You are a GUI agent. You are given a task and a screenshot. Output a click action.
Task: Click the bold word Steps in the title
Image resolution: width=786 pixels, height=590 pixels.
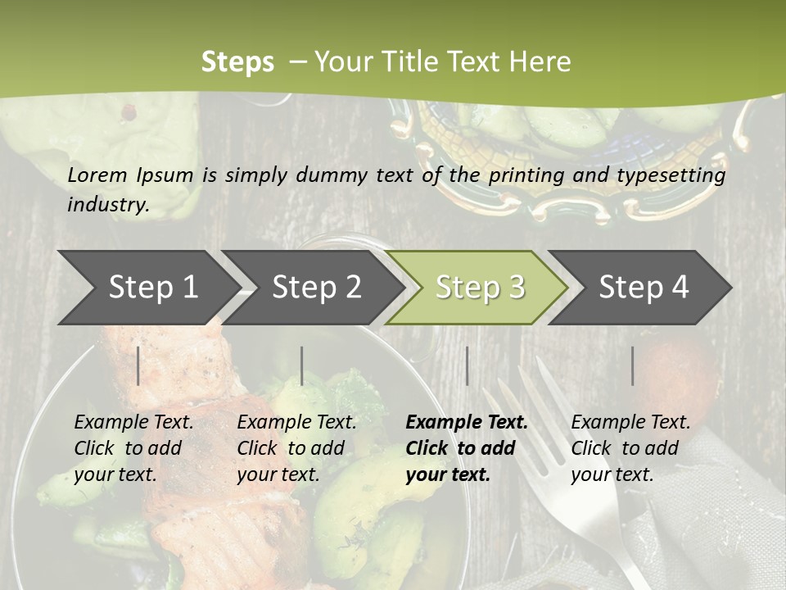237,61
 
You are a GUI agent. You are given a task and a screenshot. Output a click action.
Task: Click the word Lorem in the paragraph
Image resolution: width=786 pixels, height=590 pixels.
97,175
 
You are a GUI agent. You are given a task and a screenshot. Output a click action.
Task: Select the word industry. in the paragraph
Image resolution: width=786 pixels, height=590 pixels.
108,204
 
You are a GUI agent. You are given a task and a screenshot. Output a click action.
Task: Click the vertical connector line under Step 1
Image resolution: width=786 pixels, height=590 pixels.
138,365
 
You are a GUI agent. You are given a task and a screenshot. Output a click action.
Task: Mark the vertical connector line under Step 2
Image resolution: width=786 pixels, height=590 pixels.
302,365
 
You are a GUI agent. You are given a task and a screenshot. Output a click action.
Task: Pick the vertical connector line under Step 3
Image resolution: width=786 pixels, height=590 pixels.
467,365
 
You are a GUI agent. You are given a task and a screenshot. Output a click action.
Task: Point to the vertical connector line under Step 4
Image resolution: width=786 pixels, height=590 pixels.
632,365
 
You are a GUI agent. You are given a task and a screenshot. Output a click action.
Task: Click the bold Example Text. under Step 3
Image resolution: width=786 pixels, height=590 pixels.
467,422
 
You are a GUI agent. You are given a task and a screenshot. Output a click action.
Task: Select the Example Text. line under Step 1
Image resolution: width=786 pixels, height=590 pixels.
133,422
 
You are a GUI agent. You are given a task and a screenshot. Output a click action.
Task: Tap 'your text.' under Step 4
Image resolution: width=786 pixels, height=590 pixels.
612,474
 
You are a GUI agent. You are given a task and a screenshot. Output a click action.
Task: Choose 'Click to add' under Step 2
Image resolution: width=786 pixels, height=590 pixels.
291,448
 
